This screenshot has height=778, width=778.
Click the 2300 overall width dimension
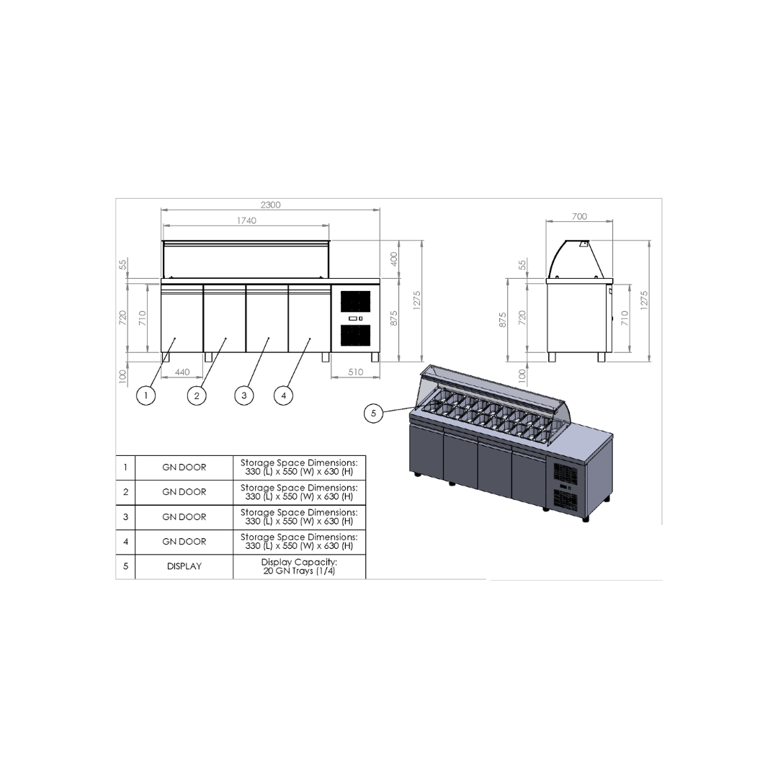click(x=270, y=205)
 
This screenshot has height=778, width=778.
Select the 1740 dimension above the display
click(x=246, y=221)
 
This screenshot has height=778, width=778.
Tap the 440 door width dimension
click(x=182, y=372)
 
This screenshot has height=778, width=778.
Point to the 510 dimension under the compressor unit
click(x=355, y=372)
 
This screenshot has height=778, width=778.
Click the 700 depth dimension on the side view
click(x=579, y=216)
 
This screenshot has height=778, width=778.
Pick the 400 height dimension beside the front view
click(x=394, y=259)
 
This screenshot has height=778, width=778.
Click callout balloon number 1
click(x=146, y=395)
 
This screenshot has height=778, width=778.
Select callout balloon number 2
click(x=197, y=395)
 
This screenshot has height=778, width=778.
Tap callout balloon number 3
click(x=243, y=395)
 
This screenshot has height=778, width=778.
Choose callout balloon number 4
click(x=283, y=395)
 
